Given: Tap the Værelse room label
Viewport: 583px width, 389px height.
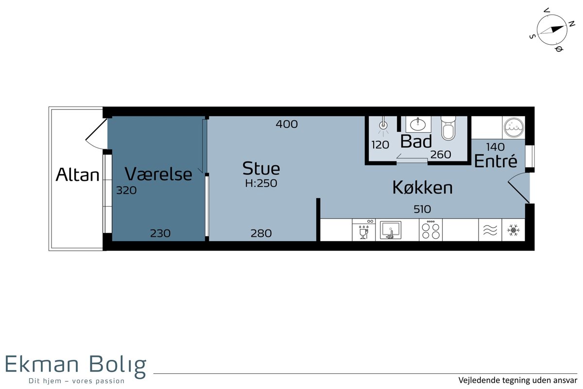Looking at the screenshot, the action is point(158,174).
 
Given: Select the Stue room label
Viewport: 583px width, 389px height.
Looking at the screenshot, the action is point(261,168).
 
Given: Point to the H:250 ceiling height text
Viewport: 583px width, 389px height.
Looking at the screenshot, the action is point(261,183).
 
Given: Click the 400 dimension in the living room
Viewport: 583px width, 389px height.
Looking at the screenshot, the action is point(287,124).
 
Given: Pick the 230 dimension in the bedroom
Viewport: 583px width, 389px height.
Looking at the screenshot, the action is point(160,233).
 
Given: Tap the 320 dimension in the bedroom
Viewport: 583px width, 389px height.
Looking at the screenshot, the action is point(126,190).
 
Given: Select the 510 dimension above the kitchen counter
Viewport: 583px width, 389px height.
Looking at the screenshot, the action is point(422,209).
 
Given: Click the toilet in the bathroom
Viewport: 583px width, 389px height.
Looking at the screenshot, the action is point(448,128).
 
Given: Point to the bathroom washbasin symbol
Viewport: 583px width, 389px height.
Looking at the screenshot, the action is point(418,124).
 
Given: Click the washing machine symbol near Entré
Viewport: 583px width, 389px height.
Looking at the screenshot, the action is point(514,128).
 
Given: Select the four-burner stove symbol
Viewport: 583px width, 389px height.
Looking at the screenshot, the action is point(430,230).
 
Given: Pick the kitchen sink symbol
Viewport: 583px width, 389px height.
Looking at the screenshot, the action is point(391,230).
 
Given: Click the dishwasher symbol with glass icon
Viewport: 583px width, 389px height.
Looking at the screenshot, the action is point(364,230).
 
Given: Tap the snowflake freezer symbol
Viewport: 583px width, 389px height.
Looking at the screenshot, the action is point(513,230).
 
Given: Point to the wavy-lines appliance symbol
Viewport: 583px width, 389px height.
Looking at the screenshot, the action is point(490,230).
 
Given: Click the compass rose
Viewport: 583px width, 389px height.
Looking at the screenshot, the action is point(552,30).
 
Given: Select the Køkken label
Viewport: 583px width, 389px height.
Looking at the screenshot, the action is point(422,187).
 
